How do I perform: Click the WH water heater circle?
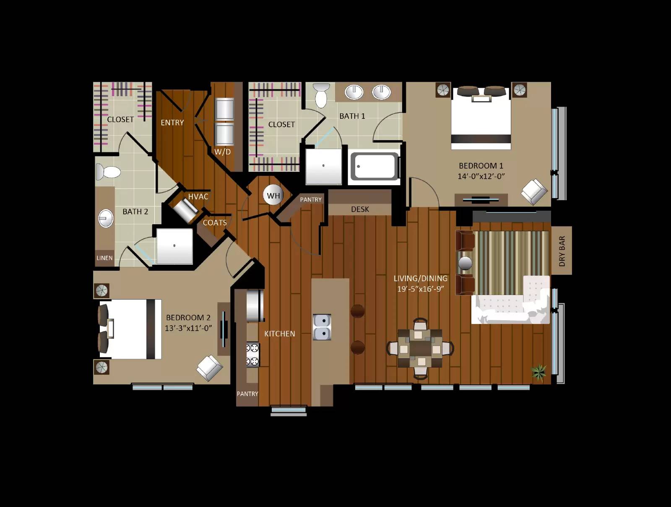click(x=273, y=195)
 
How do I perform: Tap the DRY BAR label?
click(x=562, y=251)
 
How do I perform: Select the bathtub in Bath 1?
click(x=375, y=167)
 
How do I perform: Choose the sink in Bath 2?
click(x=106, y=219)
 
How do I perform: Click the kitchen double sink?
click(x=322, y=327)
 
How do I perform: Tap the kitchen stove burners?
click(x=252, y=354)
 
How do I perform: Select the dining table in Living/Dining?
click(x=420, y=348)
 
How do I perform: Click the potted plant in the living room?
click(x=538, y=371)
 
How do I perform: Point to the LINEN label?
click(x=104, y=258)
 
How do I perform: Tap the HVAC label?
click(x=198, y=196)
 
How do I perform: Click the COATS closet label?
click(x=215, y=222)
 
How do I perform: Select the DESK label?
click(x=360, y=209)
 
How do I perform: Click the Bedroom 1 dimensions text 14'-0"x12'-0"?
click(x=481, y=176)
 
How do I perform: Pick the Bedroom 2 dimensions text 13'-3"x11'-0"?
click(x=188, y=328)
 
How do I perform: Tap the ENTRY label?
click(x=172, y=123)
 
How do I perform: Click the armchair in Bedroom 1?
click(x=534, y=191)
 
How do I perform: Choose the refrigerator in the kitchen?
click(x=255, y=305)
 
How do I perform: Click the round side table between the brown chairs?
click(x=465, y=263)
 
